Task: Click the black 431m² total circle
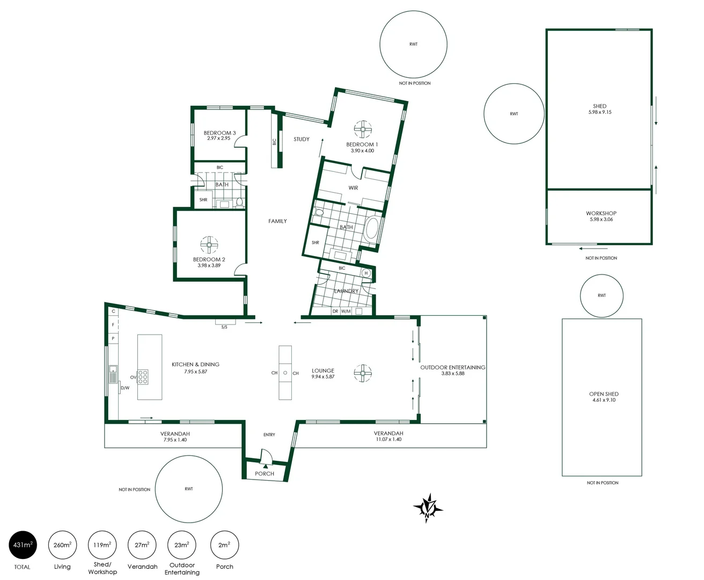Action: pyautogui.click(x=23, y=545)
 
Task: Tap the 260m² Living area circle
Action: pyautogui.click(x=62, y=545)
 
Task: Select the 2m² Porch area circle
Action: pyautogui.click(x=224, y=545)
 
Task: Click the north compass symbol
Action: pyautogui.click(x=427, y=507)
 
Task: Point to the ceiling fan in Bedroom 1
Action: pyautogui.click(x=363, y=129)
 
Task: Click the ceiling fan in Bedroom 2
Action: pyautogui.click(x=209, y=245)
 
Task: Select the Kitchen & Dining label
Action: pyautogui.click(x=195, y=364)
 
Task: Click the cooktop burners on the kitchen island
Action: pyautogui.click(x=143, y=377)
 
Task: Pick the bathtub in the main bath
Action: pyautogui.click(x=371, y=228)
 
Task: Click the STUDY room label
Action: pyautogui.click(x=302, y=139)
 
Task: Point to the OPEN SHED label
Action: pyautogui.click(x=604, y=394)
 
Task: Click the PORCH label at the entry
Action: pyautogui.click(x=265, y=474)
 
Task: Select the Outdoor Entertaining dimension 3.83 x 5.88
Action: pyautogui.click(x=453, y=373)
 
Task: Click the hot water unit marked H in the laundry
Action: pyautogui.click(x=366, y=273)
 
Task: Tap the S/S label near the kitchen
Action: pyautogui.click(x=224, y=327)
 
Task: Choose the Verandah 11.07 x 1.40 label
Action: pyautogui.click(x=388, y=436)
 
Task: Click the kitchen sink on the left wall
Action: pyautogui.click(x=113, y=374)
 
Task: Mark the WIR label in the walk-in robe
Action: pyautogui.click(x=353, y=188)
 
